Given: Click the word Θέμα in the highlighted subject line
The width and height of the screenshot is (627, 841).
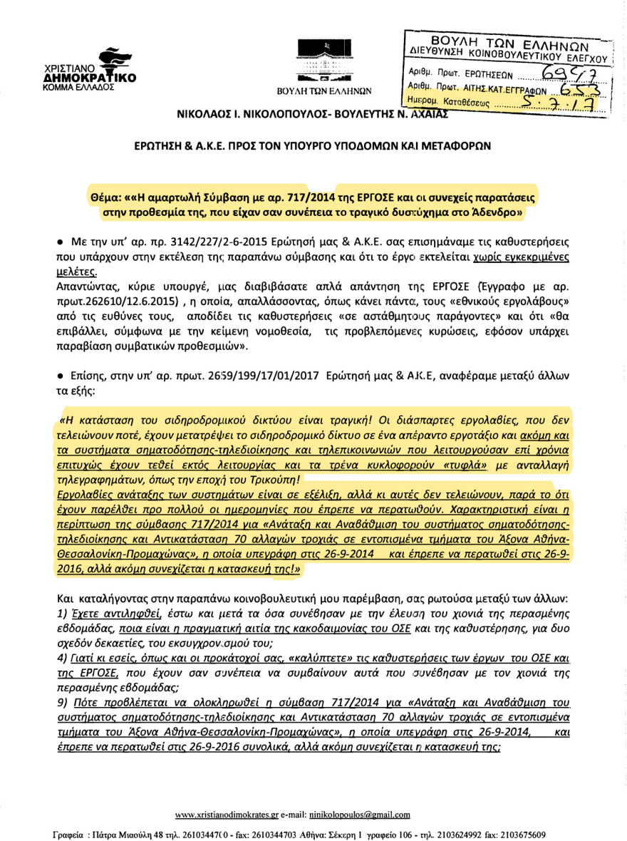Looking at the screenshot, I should click(x=106, y=196).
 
